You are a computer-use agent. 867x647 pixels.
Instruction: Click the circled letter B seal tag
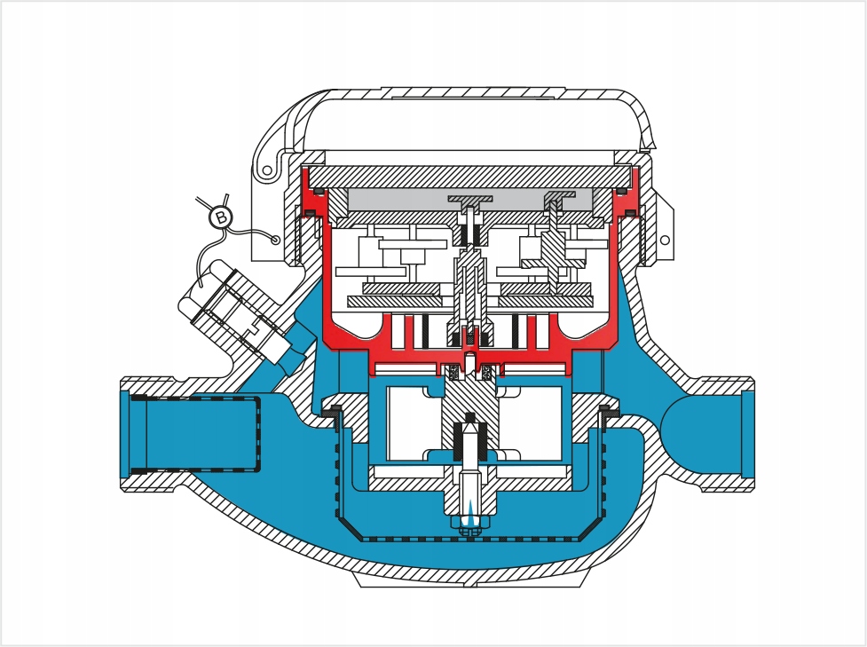[x=221, y=217]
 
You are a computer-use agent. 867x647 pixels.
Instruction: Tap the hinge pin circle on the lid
[x=268, y=171]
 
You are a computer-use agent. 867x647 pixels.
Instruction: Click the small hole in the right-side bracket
[x=665, y=240]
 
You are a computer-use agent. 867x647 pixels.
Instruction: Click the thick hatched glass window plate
[x=469, y=176]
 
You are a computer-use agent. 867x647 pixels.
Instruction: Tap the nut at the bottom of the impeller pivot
[x=469, y=526]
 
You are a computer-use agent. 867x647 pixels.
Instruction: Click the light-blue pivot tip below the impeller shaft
[x=469, y=513]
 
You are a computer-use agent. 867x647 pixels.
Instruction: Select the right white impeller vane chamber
[x=532, y=423]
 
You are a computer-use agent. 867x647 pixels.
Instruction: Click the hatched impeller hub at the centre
[x=470, y=409]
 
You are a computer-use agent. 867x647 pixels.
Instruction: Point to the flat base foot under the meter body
[x=469, y=580]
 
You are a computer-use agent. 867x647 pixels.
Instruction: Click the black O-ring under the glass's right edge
[x=621, y=192]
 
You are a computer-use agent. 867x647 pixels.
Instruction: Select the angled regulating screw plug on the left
[x=233, y=310]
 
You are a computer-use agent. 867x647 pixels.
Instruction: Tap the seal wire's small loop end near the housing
[x=275, y=240]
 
